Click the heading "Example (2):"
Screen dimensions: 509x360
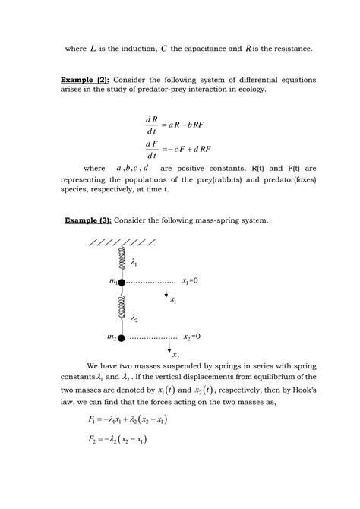tap(86, 80)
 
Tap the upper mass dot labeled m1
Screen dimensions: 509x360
tap(121, 282)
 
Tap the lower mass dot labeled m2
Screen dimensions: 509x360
tap(121, 337)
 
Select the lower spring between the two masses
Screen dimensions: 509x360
tap(121, 310)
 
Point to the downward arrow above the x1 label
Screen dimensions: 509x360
tap(166, 289)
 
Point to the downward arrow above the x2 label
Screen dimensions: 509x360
tap(169, 345)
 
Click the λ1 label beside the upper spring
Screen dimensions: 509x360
tap(136, 262)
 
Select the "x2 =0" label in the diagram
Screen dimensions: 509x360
tap(192, 336)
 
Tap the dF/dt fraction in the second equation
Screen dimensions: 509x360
tap(150, 149)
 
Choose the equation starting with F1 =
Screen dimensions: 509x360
tap(128, 419)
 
